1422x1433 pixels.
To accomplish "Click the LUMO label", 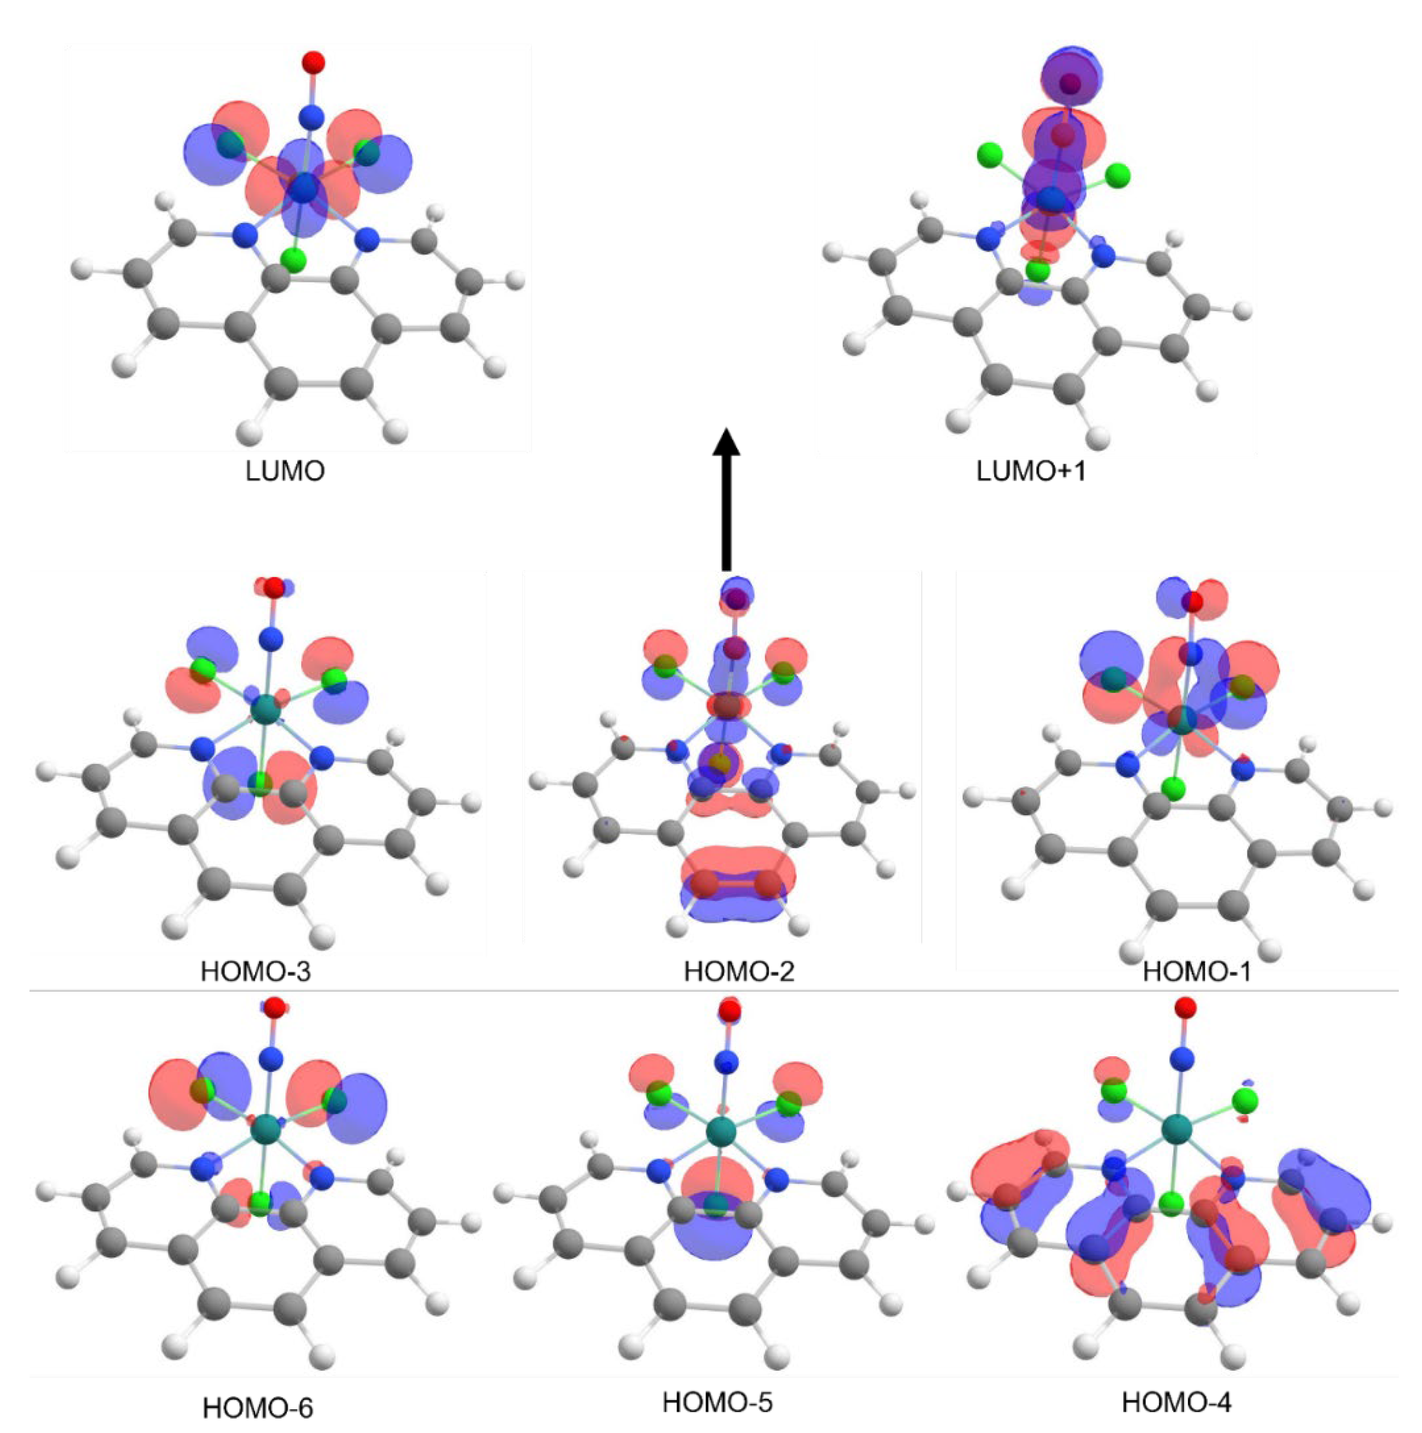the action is point(285,471).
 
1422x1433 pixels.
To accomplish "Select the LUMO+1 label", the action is point(1030,471).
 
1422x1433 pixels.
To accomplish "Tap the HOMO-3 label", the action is point(256,971).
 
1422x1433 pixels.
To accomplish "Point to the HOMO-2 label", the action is point(739,971).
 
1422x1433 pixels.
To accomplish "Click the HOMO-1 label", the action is point(1196,971).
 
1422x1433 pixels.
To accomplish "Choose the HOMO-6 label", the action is point(258,1407).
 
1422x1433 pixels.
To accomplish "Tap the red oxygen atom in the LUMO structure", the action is point(314,61).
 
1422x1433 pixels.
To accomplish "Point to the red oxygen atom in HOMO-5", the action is point(730,1012).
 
